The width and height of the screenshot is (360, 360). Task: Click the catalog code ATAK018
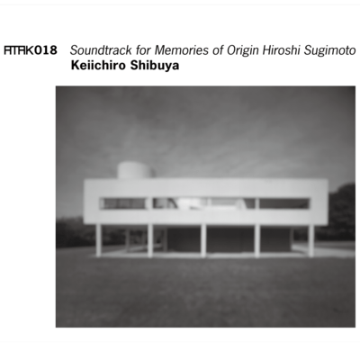point(30,51)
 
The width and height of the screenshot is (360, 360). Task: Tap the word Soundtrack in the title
point(97,51)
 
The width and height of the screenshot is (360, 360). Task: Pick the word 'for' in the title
point(136,51)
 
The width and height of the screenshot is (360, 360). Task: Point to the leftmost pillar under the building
point(98,239)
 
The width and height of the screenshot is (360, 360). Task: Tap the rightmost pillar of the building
point(310,239)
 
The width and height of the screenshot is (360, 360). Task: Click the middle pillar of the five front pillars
point(203,239)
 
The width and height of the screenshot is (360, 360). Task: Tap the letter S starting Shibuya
point(132,66)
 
